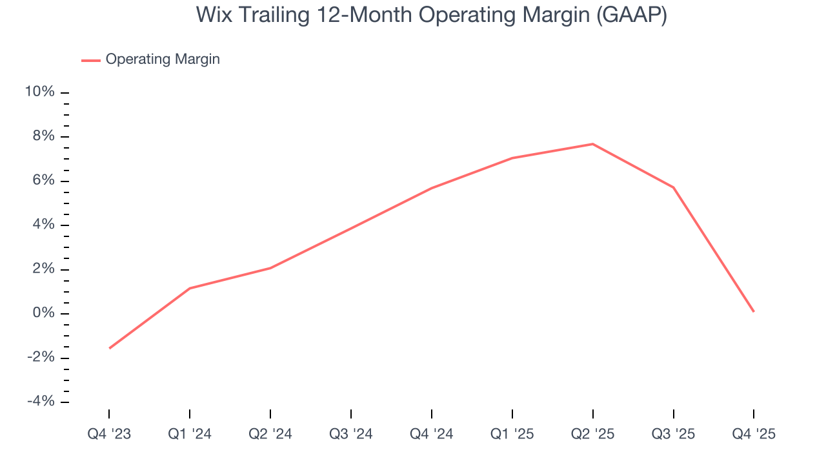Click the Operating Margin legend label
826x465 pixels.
coord(163,59)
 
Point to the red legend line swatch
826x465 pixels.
coord(91,60)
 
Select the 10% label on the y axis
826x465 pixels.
coord(40,92)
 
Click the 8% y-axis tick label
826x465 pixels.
coord(43,137)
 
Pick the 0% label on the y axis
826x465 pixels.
coord(43,314)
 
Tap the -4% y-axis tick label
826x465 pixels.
coord(41,402)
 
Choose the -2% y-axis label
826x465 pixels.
coord(41,358)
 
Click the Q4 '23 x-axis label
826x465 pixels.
coord(109,434)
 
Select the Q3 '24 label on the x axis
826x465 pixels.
coord(351,434)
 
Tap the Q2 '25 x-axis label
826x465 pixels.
coord(593,434)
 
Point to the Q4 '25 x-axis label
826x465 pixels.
coord(754,434)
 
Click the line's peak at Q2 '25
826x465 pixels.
coord(593,144)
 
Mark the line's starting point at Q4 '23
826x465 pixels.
coord(109,349)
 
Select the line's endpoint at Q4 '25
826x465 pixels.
coord(754,312)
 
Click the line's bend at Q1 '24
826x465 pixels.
coord(190,288)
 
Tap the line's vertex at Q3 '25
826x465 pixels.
coord(674,187)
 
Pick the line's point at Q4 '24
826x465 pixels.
coord(432,188)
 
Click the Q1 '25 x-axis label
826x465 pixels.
coord(512,434)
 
